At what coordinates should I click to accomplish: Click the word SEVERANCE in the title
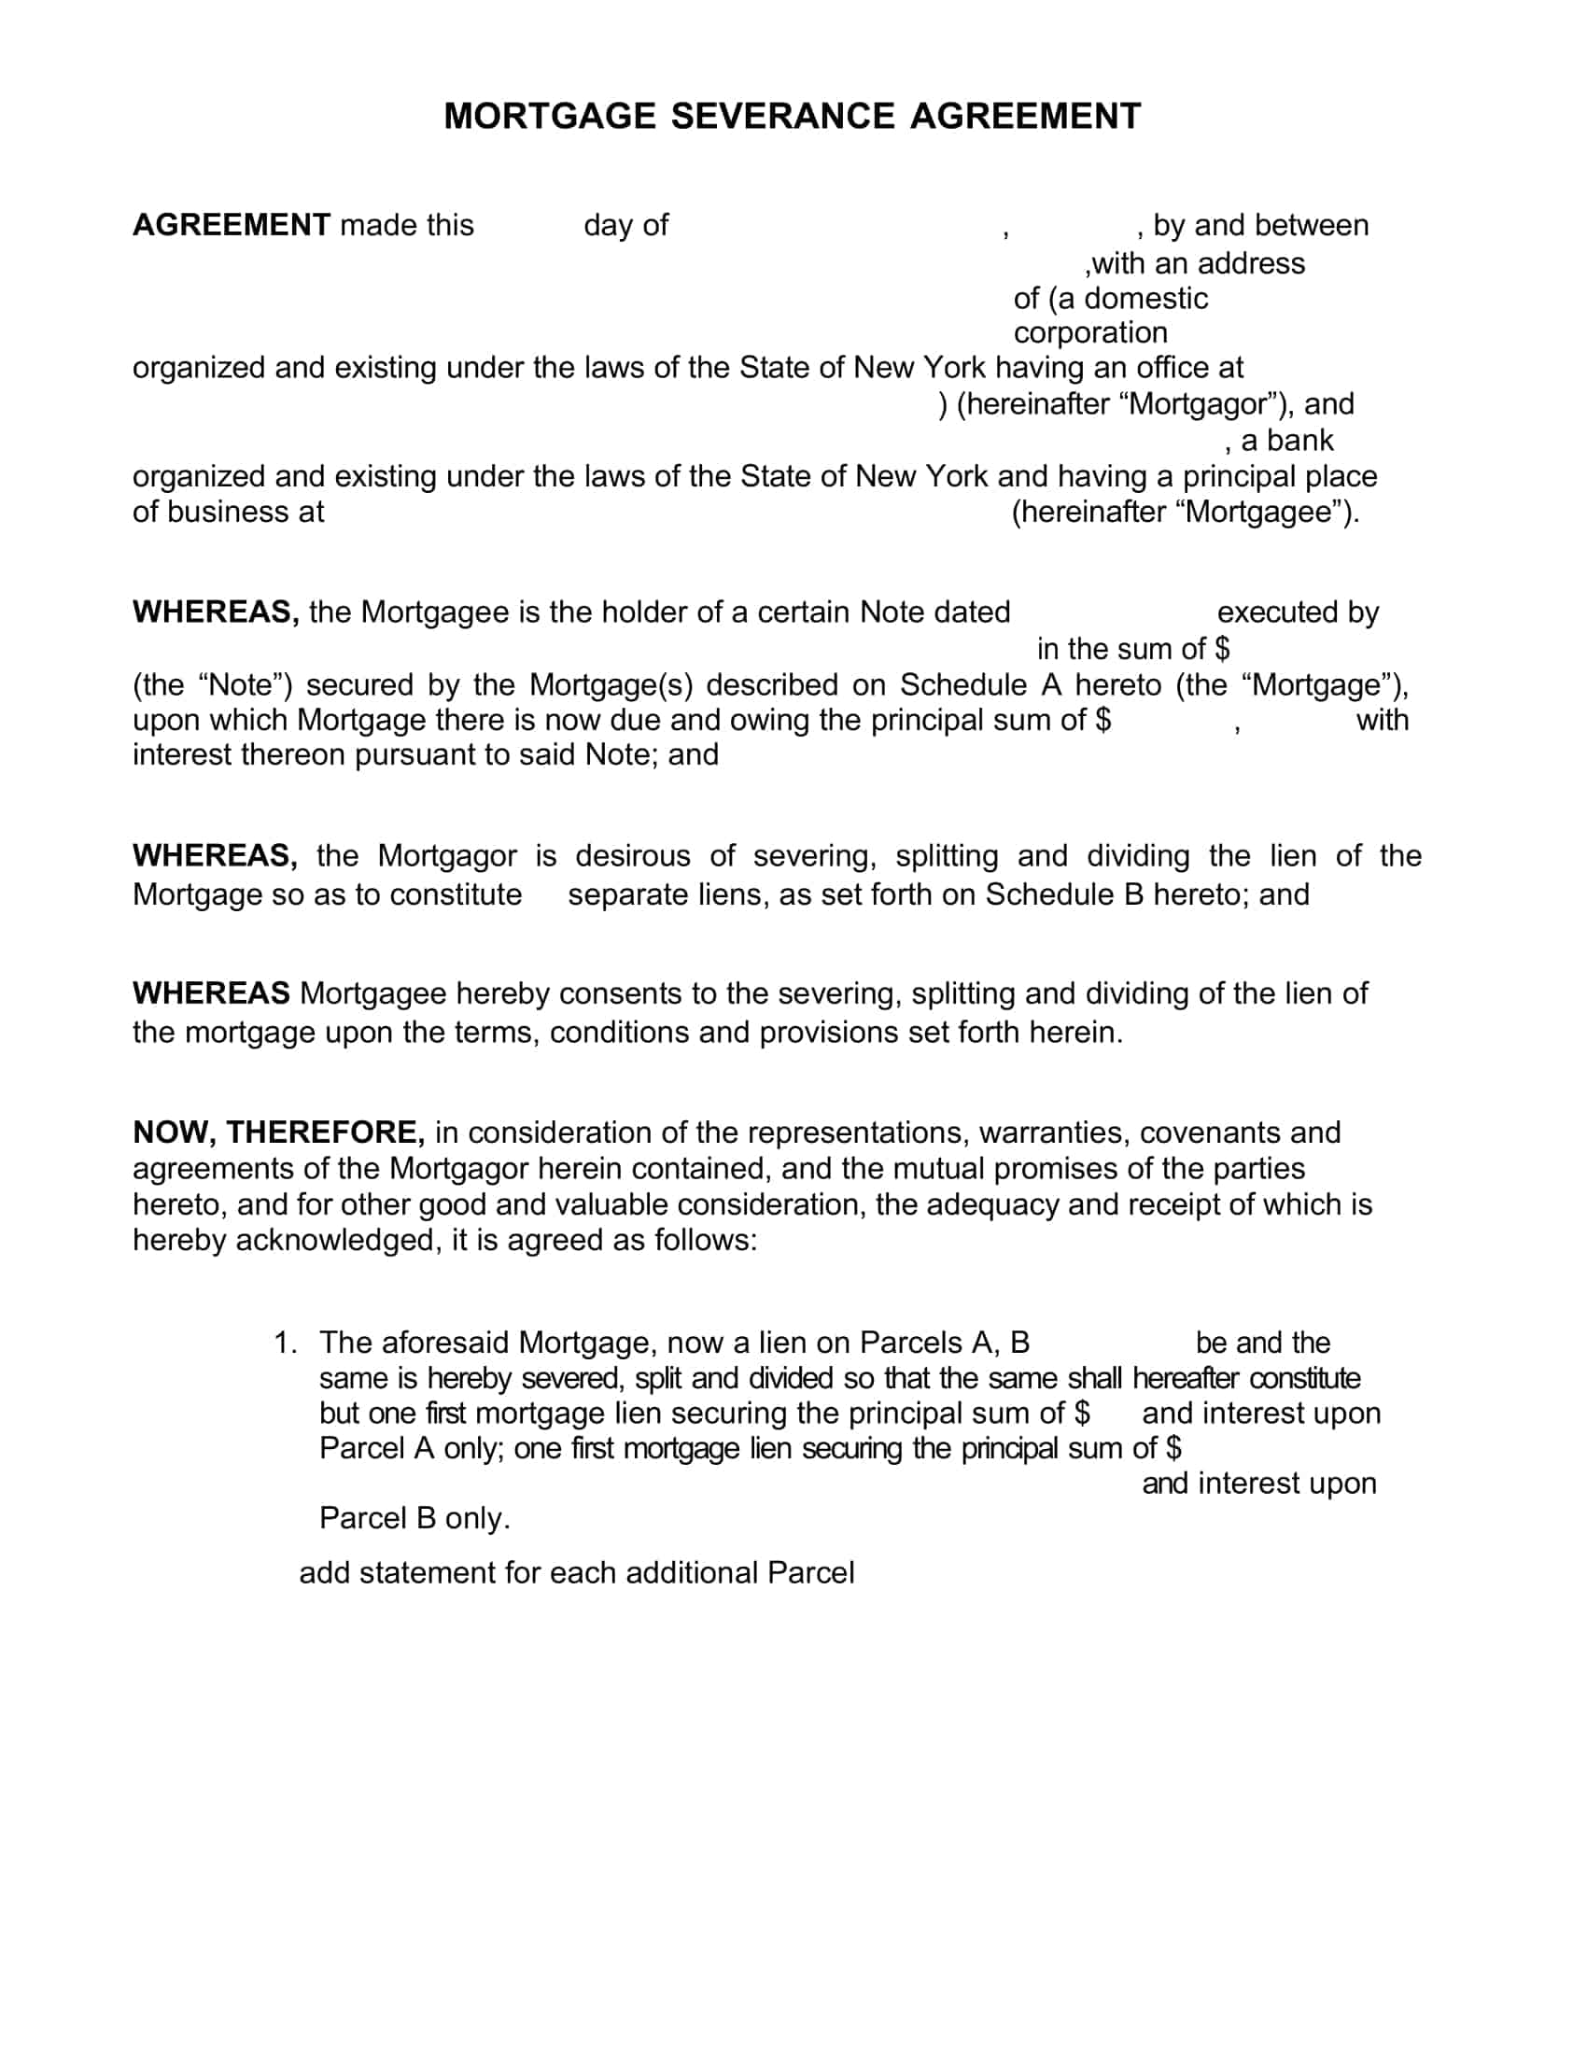[x=782, y=117]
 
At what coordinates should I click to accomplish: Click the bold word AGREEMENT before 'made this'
[x=232, y=226]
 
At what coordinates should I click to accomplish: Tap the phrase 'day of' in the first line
[x=625, y=226]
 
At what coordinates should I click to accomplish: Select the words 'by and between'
[x=1260, y=226]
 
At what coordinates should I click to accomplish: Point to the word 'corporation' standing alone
[x=1089, y=333]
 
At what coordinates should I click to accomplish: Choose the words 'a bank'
[x=1286, y=440]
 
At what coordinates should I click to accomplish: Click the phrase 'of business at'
[x=228, y=513]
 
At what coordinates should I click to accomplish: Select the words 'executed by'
[x=1298, y=612]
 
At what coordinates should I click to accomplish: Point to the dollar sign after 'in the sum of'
[x=1221, y=649]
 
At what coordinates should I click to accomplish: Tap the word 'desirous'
[x=635, y=856]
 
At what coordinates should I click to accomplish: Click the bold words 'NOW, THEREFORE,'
[x=278, y=1133]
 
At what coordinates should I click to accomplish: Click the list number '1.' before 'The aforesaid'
[x=285, y=1343]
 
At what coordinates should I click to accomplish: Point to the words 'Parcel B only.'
[x=414, y=1518]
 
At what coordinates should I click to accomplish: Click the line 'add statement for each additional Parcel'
[x=576, y=1573]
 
